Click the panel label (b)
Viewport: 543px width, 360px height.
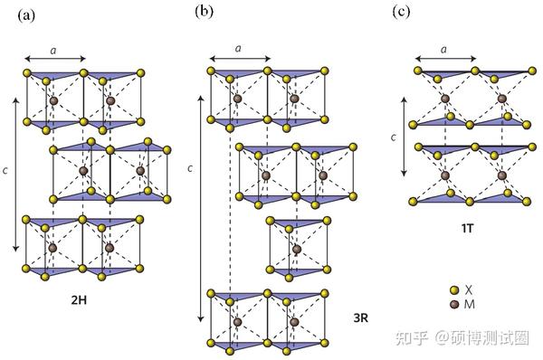[204, 11]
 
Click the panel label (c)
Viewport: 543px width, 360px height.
[399, 12]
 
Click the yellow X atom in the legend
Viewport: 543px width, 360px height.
[455, 290]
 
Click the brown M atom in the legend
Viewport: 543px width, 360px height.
[455, 304]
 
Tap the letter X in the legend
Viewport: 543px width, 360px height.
[469, 290]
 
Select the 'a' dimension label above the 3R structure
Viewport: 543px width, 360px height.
[239, 46]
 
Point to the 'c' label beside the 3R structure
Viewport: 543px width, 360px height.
[189, 168]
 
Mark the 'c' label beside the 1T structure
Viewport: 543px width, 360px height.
[393, 137]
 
